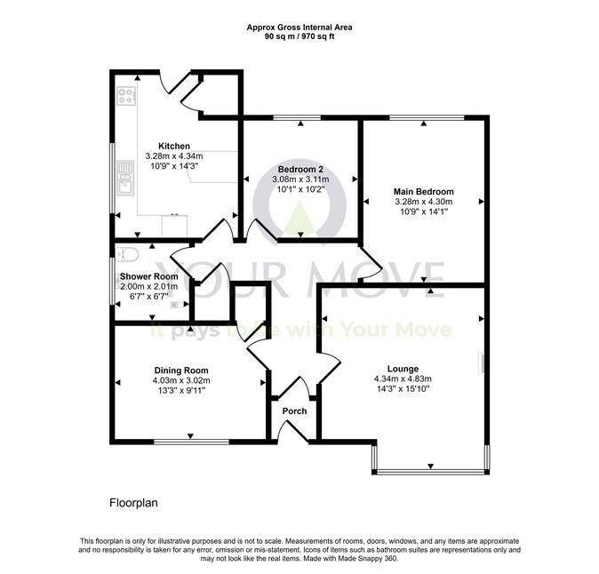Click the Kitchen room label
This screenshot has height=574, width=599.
[x=174, y=146]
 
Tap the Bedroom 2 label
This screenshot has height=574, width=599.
[x=300, y=169]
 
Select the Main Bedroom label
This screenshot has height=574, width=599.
[x=424, y=191]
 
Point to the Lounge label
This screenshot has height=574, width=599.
[x=403, y=369]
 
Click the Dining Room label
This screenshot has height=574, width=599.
[x=181, y=371]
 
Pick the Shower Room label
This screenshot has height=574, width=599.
[x=149, y=276]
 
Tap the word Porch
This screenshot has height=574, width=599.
[x=294, y=411]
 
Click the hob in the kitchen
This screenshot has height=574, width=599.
[x=126, y=95]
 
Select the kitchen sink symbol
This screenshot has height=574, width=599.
[x=126, y=178]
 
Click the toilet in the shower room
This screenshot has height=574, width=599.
[x=127, y=253]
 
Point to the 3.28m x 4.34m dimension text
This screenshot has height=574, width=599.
[x=174, y=156]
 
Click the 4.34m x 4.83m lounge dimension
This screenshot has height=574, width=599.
[x=403, y=379]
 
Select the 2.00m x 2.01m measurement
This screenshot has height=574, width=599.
[x=149, y=286]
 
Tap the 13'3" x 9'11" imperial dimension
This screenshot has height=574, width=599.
[x=181, y=390]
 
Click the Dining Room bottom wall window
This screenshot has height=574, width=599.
[x=191, y=442]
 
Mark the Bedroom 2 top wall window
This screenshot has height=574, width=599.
[x=297, y=117]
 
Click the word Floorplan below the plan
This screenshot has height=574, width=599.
[x=133, y=503]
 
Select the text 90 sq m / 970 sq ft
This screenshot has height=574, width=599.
[x=299, y=37]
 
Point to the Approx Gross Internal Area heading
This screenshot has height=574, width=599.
[x=299, y=28]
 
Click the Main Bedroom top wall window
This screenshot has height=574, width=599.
[x=427, y=117]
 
